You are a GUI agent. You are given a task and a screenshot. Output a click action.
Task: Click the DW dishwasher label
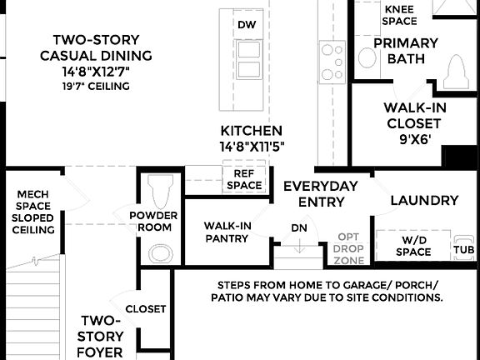246,25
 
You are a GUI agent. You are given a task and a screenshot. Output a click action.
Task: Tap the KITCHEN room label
251,131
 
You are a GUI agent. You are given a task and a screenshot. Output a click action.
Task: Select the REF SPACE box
244,179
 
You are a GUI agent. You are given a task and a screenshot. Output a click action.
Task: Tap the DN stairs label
299,228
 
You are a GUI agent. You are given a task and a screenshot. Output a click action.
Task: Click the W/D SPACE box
412,246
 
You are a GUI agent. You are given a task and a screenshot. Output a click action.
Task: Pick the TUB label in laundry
463,249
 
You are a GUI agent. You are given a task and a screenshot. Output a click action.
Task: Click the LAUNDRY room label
424,200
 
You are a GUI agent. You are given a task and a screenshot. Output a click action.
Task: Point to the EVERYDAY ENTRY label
321,192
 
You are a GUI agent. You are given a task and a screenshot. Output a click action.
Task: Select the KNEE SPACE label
400,15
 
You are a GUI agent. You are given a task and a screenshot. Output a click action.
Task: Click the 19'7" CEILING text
95,86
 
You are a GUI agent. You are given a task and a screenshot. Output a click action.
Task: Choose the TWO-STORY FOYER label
101,336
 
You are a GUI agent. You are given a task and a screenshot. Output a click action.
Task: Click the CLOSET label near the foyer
146,308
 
